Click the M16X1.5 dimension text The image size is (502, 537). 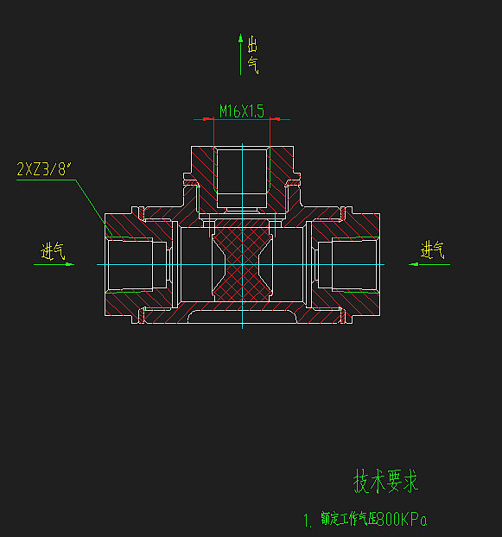pyautogui.click(x=241, y=111)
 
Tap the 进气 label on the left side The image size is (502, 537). pyautogui.click(x=54, y=251)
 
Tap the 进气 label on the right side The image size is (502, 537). pyautogui.click(x=432, y=250)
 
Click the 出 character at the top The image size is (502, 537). pyautogui.click(x=252, y=45)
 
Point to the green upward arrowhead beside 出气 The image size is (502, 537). pyautogui.click(x=241, y=39)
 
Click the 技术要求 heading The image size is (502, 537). pyautogui.click(x=385, y=481)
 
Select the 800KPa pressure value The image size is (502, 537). pyautogui.click(x=403, y=520)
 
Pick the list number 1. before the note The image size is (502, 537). pyautogui.click(x=308, y=521)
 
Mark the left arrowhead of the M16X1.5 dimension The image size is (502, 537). pyautogui.click(x=200, y=118)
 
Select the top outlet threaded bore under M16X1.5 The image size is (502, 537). pyautogui.click(x=243, y=177)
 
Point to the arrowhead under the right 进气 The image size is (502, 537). pyautogui.click(x=413, y=264)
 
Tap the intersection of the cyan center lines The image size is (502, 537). pyautogui.click(x=243, y=264)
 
